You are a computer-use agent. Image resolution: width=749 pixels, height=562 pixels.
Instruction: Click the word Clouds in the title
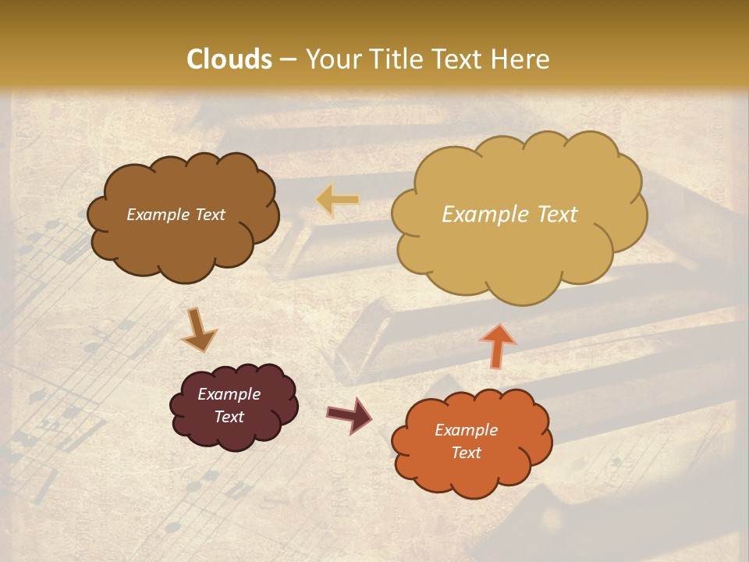[229, 59]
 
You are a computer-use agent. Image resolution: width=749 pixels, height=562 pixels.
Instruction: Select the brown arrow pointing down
[200, 329]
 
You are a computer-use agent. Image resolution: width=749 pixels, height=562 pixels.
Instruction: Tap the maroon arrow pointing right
[350, 414]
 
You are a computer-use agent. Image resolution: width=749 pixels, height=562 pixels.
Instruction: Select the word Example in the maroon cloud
[229, 394]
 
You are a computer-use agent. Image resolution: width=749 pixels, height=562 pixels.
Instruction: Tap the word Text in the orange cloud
[466, 453]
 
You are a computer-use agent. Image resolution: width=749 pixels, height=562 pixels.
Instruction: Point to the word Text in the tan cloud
[557, 215]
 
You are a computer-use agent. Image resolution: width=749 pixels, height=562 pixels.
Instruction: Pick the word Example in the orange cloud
[466, 430]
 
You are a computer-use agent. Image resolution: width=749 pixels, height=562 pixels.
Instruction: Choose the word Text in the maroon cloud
[229, 417]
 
